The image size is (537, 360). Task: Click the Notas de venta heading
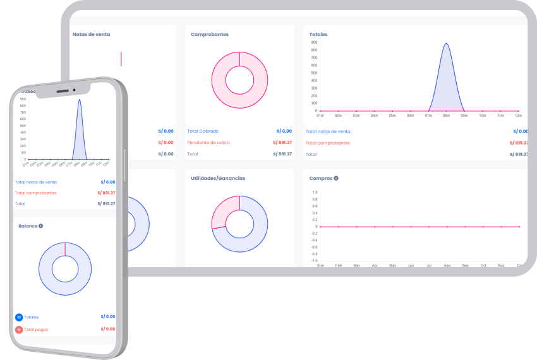coord(92,34)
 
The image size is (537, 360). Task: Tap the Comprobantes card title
coord(210,34)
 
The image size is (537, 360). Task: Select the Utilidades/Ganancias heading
coord(218,178)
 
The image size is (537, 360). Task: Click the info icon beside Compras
coord(336,178)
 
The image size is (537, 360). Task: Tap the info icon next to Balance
coord(40,225)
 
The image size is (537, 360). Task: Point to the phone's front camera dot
coord(74,90)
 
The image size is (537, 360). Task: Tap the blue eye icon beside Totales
coord(19,317)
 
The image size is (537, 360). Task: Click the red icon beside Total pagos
coord(19,330)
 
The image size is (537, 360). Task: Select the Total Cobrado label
coord(203,131)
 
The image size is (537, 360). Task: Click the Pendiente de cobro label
coord(208,143)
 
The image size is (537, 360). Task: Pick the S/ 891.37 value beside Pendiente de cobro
coord(282,143)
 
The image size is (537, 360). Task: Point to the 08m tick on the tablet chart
coord(447,116)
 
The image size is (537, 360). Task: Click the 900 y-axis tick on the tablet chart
coord(314,42)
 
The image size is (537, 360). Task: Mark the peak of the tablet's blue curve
coord(447,44)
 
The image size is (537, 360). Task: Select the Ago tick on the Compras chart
coord(447,266)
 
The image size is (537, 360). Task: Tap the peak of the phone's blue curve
coord(80,100)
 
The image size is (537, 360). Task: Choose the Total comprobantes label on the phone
coord(36,193)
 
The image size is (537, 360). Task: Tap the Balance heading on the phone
coord(28,225)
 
